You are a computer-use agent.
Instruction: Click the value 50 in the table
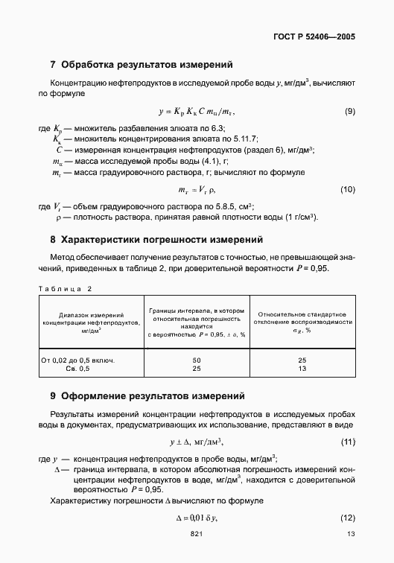[197, 360]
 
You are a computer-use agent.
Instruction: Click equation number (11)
[347, 442]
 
